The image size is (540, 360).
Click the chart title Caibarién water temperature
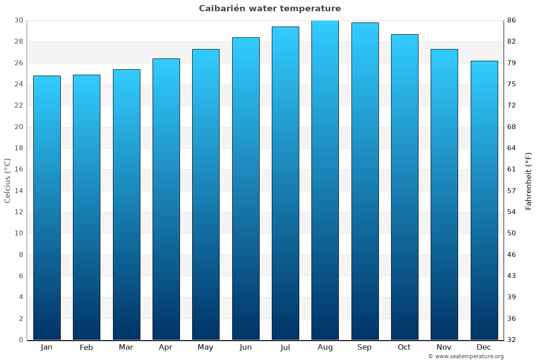270,9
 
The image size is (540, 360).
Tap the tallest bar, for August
325,180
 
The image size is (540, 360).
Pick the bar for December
484,200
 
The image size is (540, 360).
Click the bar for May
206,194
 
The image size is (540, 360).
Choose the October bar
405,187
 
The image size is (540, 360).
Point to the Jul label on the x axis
285,347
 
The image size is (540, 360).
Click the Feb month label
86,347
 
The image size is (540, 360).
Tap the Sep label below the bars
364,347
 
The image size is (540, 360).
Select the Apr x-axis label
166,347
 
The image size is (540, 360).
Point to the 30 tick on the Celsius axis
18,20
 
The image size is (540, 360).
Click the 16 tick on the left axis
18,170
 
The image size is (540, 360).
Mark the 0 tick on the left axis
21,340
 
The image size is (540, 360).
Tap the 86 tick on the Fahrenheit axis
512,20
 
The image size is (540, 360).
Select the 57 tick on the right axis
512,191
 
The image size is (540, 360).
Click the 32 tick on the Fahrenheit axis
512,340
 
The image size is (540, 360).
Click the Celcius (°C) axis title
7,180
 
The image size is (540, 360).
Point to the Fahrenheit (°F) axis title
529,180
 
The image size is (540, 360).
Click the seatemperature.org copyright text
466,356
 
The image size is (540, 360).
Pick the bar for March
126,205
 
